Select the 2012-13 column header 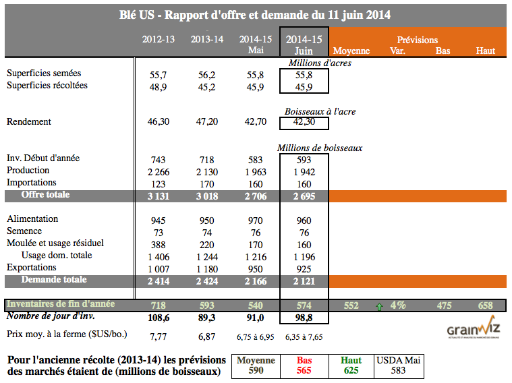[x=159, y=39]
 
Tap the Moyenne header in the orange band [x=351, y=51]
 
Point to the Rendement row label [x=28, y=122]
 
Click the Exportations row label [x=32, y=267]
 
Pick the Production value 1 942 [x=304, y=171]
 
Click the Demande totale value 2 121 [x=304, y=280]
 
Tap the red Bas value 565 [x=304, y=371]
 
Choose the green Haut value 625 [x=351, y=371]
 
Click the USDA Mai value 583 [x=398, y=371]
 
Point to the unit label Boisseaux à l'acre [x=319, y=111]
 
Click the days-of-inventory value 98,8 [x=304, y=316]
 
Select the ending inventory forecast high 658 [x=485, y=305]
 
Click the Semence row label [x=25, y=231]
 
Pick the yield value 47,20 [x=206, y=122]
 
